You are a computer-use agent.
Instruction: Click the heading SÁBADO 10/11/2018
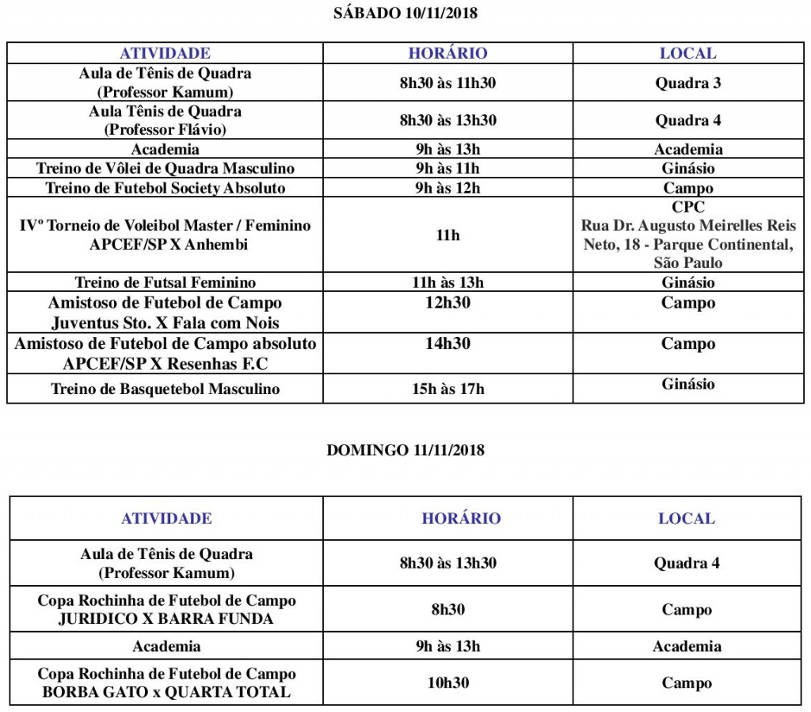[x=405, y=13]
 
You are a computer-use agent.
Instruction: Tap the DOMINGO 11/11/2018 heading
[x=405, y=450]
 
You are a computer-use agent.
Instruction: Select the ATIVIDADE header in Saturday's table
[x=165, y=53]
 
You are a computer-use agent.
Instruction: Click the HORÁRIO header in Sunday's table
[x=461, y=519]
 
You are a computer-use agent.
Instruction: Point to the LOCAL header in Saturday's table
[x=687, y=53]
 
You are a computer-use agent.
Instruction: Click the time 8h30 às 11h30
[x=447, y=82]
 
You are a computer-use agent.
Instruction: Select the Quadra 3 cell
[x=687, y=82]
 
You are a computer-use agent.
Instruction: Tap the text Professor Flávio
[x=165, y=129]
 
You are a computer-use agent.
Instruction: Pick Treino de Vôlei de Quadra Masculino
[x=165, y=168]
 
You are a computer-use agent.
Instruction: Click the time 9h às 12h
[x=447, y=188]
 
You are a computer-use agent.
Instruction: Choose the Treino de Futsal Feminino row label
[x=165, y=282]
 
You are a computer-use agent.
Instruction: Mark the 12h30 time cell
[x=447, y=303]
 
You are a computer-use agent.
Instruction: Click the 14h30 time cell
[x=447, y=343]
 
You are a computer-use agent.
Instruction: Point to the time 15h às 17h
[x=447, y=389]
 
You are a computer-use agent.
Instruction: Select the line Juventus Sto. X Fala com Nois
[x=165, y=323]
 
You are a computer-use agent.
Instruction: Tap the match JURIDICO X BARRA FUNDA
[x=166, y=619]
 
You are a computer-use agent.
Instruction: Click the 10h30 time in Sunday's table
[x=447, y=683]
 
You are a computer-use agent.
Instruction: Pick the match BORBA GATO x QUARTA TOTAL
[x=166, y=692]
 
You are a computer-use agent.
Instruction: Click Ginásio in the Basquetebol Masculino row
[x=687, y=385]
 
